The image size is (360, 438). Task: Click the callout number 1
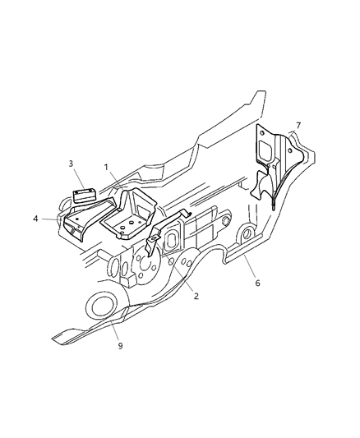click(106, 168)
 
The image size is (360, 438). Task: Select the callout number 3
click(71, 164)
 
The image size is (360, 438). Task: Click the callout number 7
click(298, 125)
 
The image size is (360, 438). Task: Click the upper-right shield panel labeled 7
click(275, 164)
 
